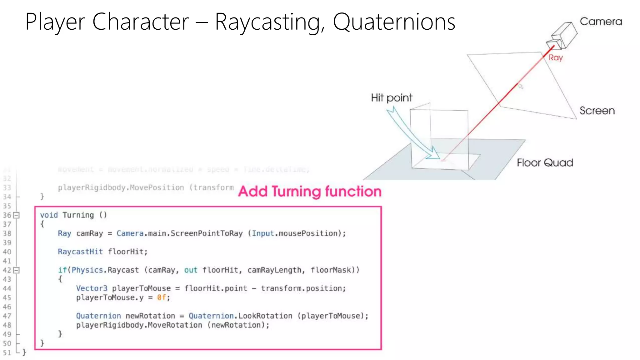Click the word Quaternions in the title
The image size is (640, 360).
pyautogui.click(x=394, y=22)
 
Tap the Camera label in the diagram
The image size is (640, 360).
pyautogui.click(x=601, y=22)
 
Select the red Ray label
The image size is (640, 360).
pyautogui.click(x=556, y=58)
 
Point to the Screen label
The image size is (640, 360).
pyautogui.click(x=597, y=111)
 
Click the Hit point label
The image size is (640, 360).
pyautogui.click(x=392, y=98)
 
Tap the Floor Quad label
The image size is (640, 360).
pyautogui.click(x=545, y=163)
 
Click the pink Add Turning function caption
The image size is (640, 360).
pyautogui.click(x=310, y=191)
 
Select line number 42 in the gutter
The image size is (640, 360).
pyautogui.click(x=7, y=270)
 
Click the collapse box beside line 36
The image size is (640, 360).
pyautogui.click(x=17, y=215)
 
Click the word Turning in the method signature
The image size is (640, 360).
pyautogui.click(x=78, y=215)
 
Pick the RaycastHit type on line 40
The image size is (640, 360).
pyautogui.click(x=80, y=252)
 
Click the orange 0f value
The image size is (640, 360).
pyautogui.click(x=161, y=297)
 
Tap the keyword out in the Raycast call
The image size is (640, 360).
pyautogui.click(x=191, y=270)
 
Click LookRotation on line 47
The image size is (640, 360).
pyautogui.click(x=265, y=316)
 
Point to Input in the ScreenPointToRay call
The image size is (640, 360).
pyautogui.click(x=263, y=233)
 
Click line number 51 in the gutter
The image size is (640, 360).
pyautogui.click(x=7, y=353)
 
